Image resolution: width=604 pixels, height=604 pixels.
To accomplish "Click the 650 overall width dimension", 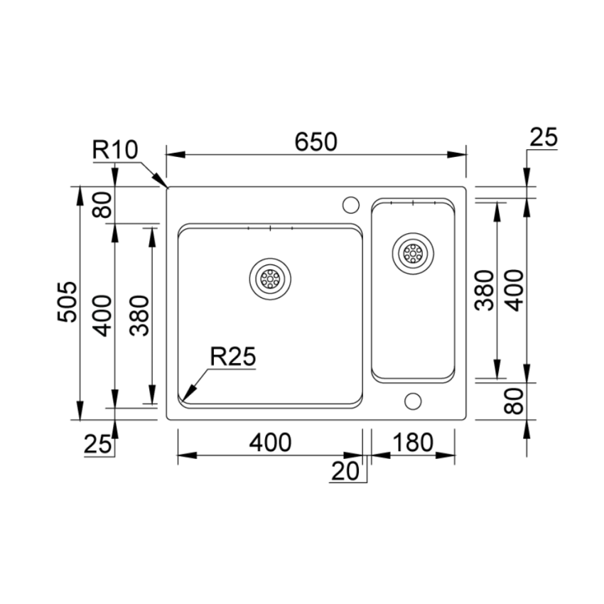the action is coord(316,141).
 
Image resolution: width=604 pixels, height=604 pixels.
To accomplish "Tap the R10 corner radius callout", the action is coord(115,149).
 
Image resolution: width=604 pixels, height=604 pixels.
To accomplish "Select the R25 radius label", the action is coord(232,356).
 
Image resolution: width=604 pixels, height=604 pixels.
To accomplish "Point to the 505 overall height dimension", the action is coord(67,302).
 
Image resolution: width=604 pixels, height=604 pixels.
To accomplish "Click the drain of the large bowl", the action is coord(270,279).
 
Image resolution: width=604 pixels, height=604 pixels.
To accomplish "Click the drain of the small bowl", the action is coord(413,254).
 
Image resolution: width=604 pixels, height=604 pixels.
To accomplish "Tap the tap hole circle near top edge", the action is coord(350,205).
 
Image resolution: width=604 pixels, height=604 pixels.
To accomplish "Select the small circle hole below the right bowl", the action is coord(413,401).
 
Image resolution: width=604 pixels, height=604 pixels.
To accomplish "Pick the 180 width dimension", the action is coord(413,442).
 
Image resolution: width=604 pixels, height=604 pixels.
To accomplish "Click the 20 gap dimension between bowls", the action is coord(345,470).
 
